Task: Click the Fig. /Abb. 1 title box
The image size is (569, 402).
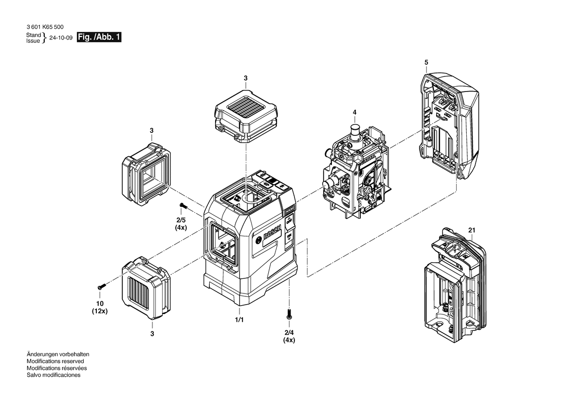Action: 99,37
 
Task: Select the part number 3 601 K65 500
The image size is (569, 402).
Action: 45,27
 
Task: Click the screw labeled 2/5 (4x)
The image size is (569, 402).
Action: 183,206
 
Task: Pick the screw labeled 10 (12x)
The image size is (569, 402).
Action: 101,287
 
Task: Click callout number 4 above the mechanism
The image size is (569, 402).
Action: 354,112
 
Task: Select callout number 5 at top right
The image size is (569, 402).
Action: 426,62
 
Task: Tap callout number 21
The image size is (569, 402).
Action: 472,230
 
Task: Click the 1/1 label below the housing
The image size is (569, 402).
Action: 239,320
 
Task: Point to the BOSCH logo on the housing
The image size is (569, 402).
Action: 272,233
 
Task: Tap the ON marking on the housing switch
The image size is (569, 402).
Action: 289,238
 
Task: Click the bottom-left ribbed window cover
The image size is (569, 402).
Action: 146,288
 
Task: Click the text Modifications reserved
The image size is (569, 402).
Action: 55,362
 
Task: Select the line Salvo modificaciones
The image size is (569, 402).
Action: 54,375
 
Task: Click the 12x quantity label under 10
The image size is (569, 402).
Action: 100,311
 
